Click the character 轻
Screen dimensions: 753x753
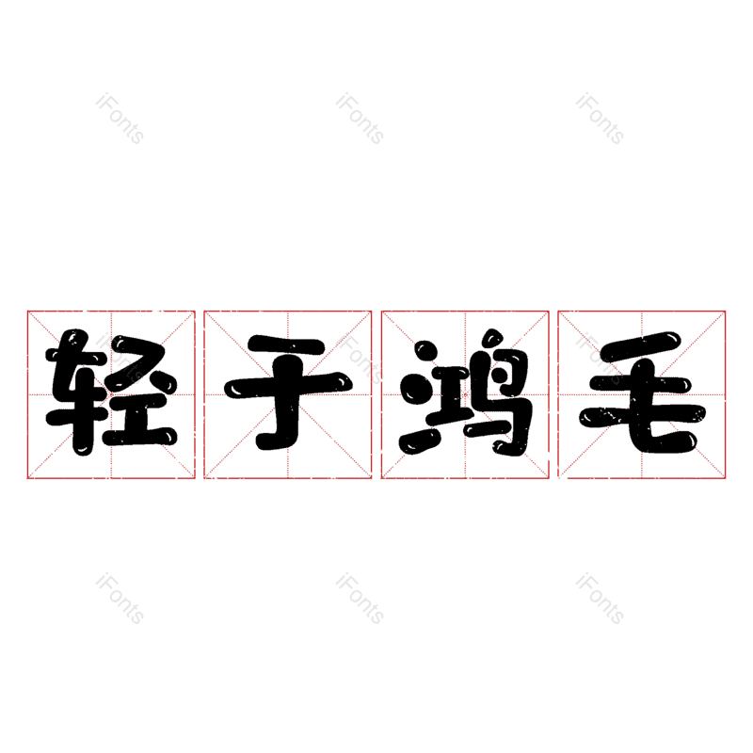(x=111, y=393)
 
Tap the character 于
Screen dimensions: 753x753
(x=288, y=393)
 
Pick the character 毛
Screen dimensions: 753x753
(x=642, y=393)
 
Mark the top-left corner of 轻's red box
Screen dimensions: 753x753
(x=27, y=311)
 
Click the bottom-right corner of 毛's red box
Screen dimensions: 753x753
(x=726, y=478)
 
